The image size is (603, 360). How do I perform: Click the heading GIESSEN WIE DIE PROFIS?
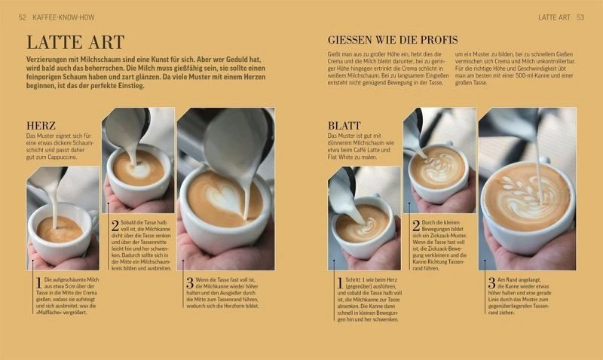click(393, 39)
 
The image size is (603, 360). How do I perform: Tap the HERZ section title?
click(41, 126)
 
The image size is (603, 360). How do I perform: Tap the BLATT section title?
click(344, 126)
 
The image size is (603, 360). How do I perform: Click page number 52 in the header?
click(23, 17)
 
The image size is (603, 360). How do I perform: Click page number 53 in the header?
click(580, 17)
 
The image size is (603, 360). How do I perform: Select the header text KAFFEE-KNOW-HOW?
click(63, 17)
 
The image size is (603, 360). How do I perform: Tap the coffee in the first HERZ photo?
click(60, 228)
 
